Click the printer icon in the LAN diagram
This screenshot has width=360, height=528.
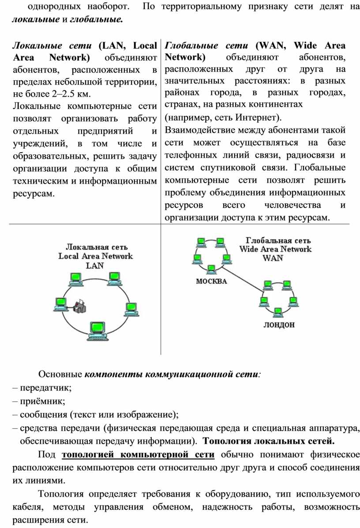(80, 305)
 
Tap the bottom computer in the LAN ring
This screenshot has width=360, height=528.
(97, 330)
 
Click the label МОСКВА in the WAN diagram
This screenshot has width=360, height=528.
(211, 281)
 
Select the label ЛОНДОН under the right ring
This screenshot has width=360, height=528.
(279, 325)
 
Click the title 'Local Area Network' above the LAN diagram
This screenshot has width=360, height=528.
(96, 256)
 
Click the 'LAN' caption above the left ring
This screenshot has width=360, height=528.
(95, 266)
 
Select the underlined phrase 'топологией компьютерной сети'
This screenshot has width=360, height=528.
(139, 455)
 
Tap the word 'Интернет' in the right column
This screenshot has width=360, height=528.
(256, 118)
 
